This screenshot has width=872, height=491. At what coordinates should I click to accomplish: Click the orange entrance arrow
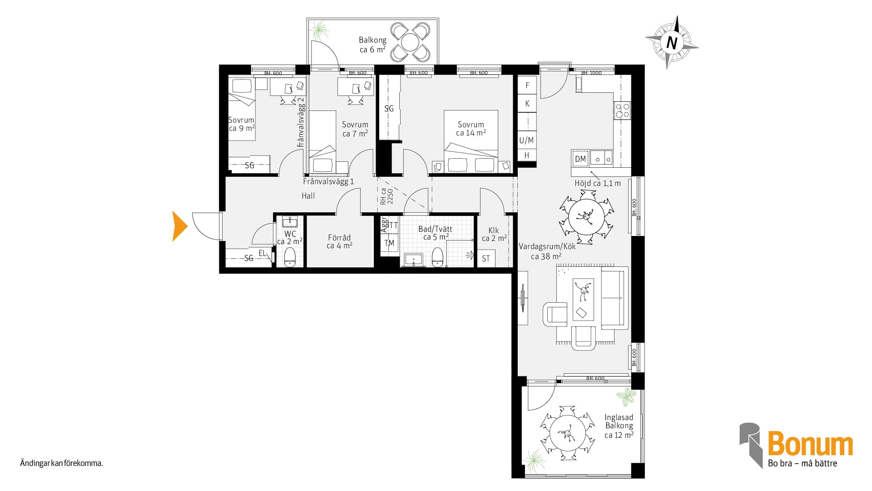pyautogui.click(x=179, y=226)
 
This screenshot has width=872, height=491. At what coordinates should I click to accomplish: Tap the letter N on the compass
pyautogui.click(x=672, y=43)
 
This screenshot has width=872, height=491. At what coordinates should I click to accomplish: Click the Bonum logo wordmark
pyautogui.click(x=810, y=444)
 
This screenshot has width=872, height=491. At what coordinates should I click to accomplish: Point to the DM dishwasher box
pyautogui.click(x=580, y=159)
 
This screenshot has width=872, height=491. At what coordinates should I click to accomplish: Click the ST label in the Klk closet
pyautogui.click(x=486, y=259)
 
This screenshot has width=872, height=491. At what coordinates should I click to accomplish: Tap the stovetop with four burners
pyautogui.click(x=622, y=110)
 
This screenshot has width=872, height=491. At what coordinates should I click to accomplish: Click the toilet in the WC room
pyautogui.click(x=290, y=257)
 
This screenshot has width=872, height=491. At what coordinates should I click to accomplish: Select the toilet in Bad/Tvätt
pyautogui.click(x=437, y=257)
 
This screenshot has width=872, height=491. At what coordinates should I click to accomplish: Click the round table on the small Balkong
pyautogui.click(x=411, y=42)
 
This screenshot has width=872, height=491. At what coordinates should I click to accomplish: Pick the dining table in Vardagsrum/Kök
pyautogui.click(x=587, y=216)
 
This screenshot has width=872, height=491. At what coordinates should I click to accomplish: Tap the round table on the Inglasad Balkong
pyautogui.click(x=567, y=434)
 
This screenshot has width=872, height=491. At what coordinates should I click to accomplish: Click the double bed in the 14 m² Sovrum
pyautogui.click(x=471, y=141)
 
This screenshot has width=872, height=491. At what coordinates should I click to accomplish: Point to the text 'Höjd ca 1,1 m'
pyautogui.click(x=598, y=183)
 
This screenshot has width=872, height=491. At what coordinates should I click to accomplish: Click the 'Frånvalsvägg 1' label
pyautogui.click(x=328, y=181)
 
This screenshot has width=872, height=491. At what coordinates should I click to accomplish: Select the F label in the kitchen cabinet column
pyautogui.click(x=527, y=85)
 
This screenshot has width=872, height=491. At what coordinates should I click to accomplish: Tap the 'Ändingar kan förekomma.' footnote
pyautogui.click(x=62, y=464)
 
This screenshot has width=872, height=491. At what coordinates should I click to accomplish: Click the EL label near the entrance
pyautogui.click(x=262, y=253)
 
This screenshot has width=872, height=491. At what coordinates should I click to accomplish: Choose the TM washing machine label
pyautogui.click(x=389, y=243)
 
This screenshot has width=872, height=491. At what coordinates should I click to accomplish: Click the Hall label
pyautogui.click(x=308, y=196)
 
